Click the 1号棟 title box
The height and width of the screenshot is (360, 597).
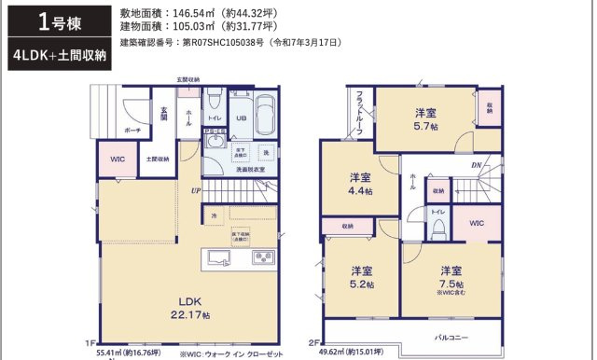tap(53, 21)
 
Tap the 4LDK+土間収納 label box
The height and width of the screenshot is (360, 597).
tap(53, 55)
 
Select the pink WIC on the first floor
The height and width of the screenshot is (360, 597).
tap(118, 159)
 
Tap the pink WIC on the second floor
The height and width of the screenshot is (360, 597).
tap(476, 224)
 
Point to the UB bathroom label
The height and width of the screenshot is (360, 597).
tap(240, 118)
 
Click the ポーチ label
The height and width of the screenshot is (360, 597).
tap(132, 131)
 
